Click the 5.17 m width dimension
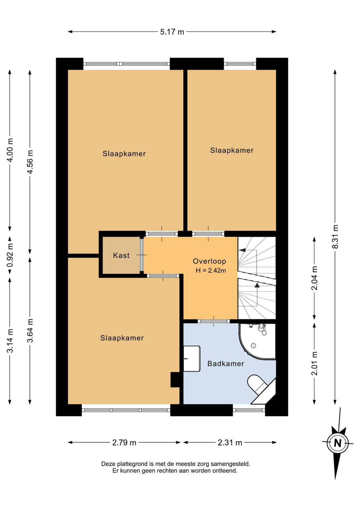[172, 32]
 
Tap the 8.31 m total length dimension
[336, 236]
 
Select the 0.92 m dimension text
[10, 255]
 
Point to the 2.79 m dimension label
[124, 442]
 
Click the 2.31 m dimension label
[230, 442]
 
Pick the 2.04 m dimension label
[315, 278]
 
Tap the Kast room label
[121, 256]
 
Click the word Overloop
[209, 261]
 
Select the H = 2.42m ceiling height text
[211, 271]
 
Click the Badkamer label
[226, 364]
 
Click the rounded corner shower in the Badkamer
[257, 342]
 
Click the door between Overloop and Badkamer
[214, 321]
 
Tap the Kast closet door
[142, 255]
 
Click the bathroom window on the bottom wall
[249, 410]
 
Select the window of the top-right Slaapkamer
[240, 64]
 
